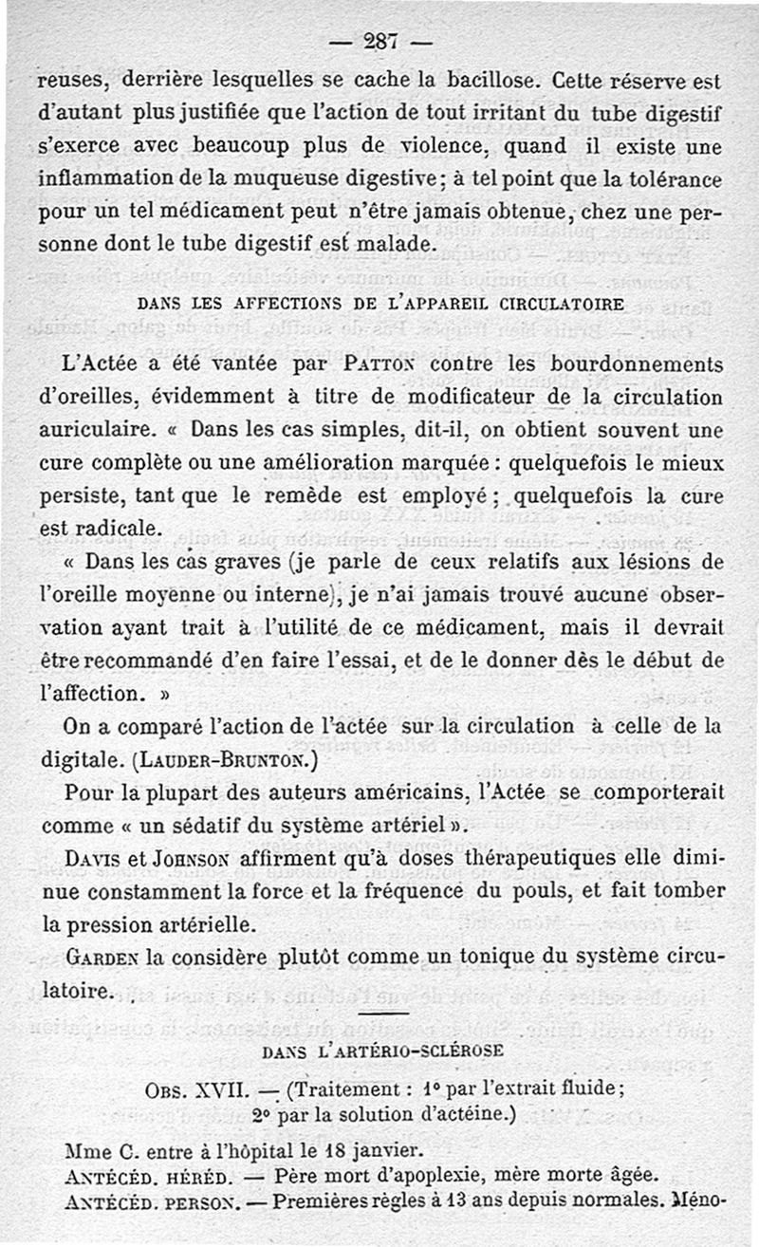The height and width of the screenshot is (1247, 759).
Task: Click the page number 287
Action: tap(379, 41)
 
